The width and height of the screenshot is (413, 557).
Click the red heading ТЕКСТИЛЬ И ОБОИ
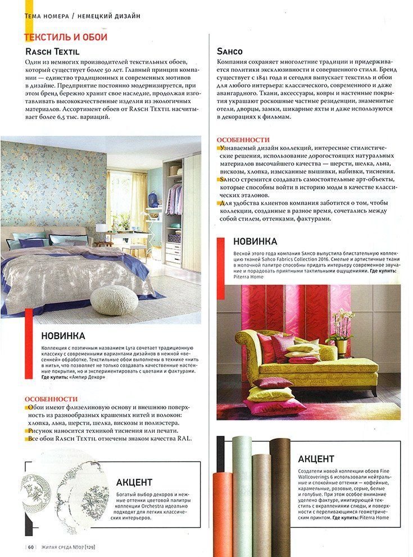66,37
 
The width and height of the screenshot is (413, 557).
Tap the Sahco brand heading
230,52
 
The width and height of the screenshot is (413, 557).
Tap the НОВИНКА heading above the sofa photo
255,241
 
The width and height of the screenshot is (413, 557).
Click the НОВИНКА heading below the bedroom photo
63,336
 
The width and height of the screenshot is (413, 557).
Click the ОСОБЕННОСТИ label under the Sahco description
243,139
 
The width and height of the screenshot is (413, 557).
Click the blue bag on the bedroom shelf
152,198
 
